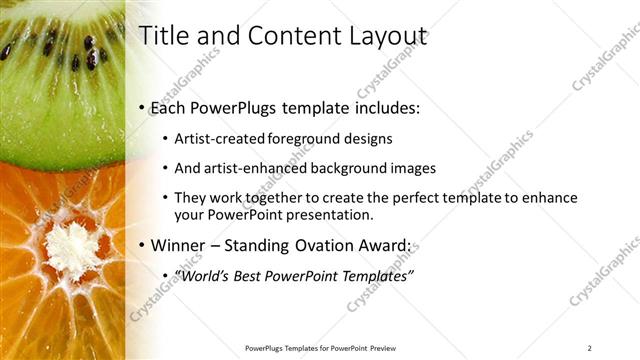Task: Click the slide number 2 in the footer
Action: [x=589, y=348]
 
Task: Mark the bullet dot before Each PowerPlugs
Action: [x=142, y=107]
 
